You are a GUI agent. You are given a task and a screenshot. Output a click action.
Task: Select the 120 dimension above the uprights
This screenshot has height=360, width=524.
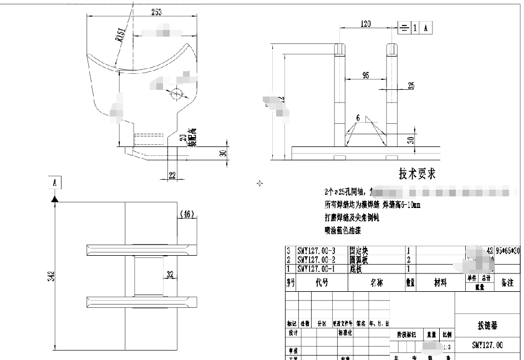click(x=366, y=24)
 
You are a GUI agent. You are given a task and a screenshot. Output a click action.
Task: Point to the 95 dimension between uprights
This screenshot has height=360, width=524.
click(x=366, y=75)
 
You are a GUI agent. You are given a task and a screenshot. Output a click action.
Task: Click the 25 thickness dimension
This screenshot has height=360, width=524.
click(x=411, y=85)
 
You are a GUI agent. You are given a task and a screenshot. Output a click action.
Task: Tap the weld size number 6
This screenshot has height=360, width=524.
click(x=359, y=118)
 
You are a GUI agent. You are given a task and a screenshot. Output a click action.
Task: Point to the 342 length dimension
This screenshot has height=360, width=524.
click(x=51, y=276)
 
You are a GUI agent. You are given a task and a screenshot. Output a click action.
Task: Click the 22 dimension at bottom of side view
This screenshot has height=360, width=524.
click(x=172, y=175)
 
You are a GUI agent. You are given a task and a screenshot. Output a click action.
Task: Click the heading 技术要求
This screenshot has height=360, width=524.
click(x=417, y=174)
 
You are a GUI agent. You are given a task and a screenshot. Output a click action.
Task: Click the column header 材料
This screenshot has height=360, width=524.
click(x=440, y=283)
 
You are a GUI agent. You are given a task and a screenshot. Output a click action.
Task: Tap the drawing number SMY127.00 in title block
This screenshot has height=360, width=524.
click(x=487, y=345)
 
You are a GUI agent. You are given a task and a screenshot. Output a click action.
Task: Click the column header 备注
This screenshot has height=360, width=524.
click(x=507, y=283)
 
